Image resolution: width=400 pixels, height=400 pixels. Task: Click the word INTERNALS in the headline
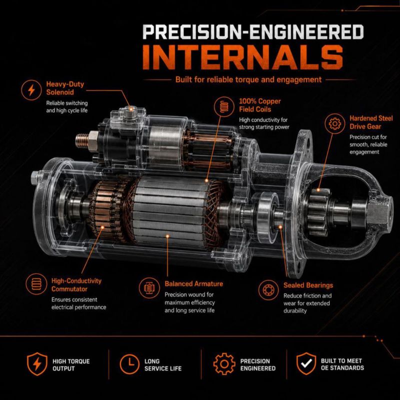(x=242, y=57)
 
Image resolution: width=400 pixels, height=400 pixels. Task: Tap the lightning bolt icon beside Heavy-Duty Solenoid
(x=31, y=90)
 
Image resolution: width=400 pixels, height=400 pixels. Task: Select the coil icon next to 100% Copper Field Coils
(x=224, y=106)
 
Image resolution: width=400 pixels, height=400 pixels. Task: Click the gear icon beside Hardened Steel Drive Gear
(x=334, y=123)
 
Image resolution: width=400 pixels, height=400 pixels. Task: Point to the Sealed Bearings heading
(x=308, y=285)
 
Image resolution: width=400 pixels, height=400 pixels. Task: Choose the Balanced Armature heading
(x=193, y=283)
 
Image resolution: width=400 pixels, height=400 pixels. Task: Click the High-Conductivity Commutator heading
(x=76, y=285)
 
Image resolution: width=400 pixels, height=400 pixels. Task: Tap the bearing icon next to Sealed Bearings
(x=268, y=290)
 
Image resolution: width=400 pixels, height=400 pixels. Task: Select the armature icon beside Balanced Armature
(x=149, y=288)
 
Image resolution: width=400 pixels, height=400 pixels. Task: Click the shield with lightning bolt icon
(x=37, y=364)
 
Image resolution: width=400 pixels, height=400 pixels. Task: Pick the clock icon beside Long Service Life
(x=129, y=364)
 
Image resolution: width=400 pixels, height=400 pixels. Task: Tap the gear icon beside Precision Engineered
(x=224, y=364)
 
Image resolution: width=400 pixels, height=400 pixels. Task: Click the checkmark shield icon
(x=306, y=364)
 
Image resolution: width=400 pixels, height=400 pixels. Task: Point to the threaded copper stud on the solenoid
(x=82, y=140)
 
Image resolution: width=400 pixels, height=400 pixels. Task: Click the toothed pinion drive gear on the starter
(x=318, y=211)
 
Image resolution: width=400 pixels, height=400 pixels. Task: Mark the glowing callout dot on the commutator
(x=102, y=227)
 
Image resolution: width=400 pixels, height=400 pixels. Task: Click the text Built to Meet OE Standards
(x=342, y=364)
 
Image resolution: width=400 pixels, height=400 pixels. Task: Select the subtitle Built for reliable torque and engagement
(x=248, y=79)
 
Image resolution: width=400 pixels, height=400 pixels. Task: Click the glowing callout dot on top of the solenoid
(x=131, y=109)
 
